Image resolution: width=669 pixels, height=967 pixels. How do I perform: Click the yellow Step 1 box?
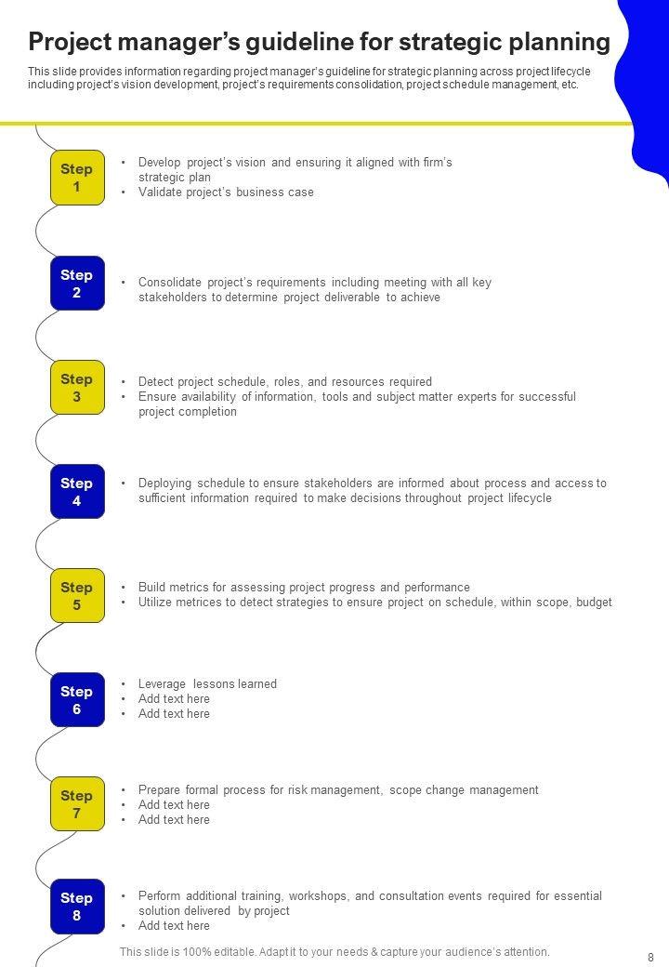pyautogui.click(x=76, y=178)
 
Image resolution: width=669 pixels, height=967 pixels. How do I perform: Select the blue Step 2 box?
pyautogui.click(x=76, y=284)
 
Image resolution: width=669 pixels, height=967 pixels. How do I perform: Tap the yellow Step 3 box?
pyautogui.click(x=76, y=388)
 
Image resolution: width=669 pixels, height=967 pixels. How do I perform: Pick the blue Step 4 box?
pyautogui.click(x=76, y=492)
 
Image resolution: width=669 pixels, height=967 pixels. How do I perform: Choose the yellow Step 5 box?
pyautogui.click(x=76, y=596)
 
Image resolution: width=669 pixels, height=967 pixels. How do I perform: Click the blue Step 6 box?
pyautogui.click(x=76, y=700)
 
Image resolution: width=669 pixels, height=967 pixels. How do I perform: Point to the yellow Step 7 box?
pyautogui.click(x=76, y=804)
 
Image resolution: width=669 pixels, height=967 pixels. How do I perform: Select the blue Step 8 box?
pyautogui.click(x=76, y=907)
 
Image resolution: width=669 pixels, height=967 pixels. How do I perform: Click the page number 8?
pyautogui.click(x=650, y=956)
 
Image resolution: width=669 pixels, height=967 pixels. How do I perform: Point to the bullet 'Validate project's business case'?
pyautogui.click(x=226, y=192)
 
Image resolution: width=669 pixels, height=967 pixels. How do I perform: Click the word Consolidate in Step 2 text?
pyautogui.click(x=166, y=283)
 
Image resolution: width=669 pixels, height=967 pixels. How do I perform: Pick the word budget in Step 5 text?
pyautogui.click(x=594, y=603)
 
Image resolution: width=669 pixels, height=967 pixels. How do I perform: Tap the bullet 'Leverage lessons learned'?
pyautogui.click(x=207, y=684)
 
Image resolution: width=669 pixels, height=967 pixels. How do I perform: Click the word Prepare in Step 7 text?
pyautogui.click(x=159, y=790)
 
